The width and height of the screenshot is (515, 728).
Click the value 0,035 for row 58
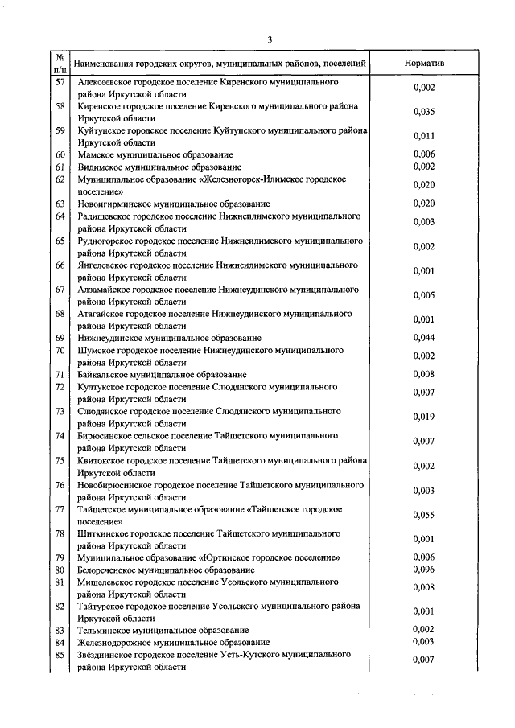click(423, 112)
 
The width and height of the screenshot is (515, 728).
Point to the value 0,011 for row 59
click(423, 136)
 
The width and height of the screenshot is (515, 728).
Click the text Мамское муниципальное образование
click(155, 154)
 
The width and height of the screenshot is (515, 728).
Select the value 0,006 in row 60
click(423, 154)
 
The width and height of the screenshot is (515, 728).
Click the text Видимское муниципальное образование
click(159, 167)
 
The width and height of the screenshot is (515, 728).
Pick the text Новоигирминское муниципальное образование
click(173, 204)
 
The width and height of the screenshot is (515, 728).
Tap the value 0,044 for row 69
click(423, 338)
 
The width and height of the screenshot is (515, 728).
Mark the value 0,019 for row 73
click(423, 417)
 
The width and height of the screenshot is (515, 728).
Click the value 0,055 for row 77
click(423, 515)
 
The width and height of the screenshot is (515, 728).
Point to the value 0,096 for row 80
click(423, 570)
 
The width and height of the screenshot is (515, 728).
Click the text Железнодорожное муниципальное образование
click(173, 642)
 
